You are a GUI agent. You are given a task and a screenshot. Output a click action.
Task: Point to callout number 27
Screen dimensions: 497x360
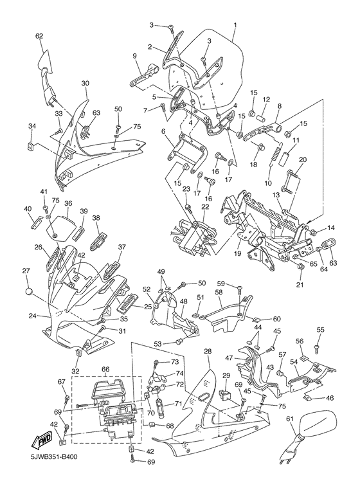26,270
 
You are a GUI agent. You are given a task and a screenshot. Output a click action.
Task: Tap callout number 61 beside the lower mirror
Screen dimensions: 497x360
290,419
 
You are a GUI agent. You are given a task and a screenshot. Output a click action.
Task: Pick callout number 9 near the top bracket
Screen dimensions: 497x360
136,57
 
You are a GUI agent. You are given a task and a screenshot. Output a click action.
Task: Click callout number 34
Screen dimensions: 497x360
32,127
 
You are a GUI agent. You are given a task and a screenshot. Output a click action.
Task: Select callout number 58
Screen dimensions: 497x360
219,293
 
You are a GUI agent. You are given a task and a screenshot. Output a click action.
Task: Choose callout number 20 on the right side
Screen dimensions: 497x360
303,159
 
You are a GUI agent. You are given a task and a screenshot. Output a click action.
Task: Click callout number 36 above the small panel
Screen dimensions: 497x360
67,203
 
